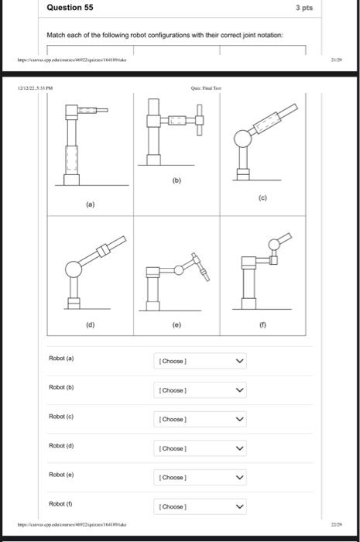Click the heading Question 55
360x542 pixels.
pyautogui.click(x=70, y=7)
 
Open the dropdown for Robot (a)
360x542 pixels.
pyautogui.click(x=200, y=361)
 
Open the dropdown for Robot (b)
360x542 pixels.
pyautogui.click(x=200, y=389)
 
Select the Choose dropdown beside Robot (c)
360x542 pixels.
pyautogui.click(x=200, y=419)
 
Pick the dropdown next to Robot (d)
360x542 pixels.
pyautogui.click(x=200, y=448)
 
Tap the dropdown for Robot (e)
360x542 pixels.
pyautogui.click(x=200, y=477)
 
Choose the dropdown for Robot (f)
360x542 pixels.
pyautogui.click(x=200, y=506)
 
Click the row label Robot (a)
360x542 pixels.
pyautogui.click(x=62, y=358)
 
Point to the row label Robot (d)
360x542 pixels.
pyautogui.click(x=62, y=446)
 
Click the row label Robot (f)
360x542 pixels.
pyautogui.click(x=62, y=504)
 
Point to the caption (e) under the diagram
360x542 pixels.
pyautogui.click(x=177, y=327)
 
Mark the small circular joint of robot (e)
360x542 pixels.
pyautogui.click(x=179, y=269)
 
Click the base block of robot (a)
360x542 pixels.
pyautogui.click(x=72, y=180)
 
